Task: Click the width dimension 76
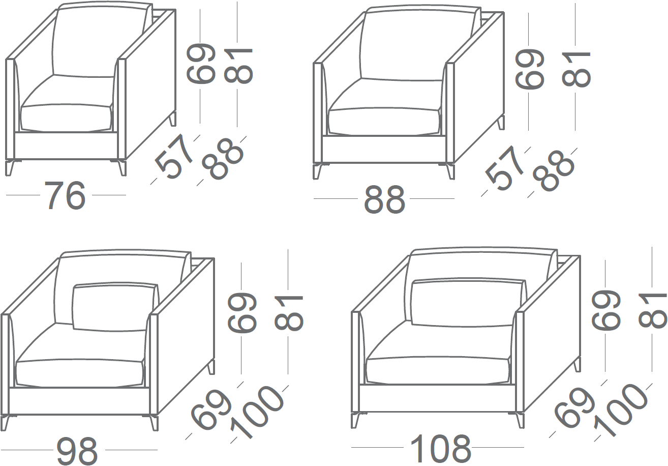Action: tap(65, 195)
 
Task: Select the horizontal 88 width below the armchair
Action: tap(384, 198)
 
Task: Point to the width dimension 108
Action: tap(440, 447)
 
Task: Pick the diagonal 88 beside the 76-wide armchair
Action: tap(222, 159)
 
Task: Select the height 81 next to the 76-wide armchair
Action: tap(238, 65)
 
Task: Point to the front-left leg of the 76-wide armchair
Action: tap(10, 168)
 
